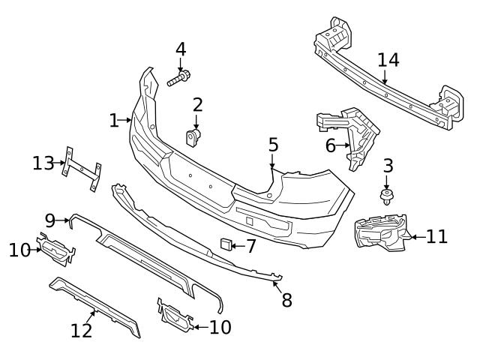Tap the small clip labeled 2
click(x=195, y=139)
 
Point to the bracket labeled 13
click(x=80, y=169)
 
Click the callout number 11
click(x=436, y=237)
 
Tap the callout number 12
click(x=82, y=329)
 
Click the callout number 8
click(x=286, y=300)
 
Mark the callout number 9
click(x=51, y=220)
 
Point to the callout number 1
click(x=114, y=120)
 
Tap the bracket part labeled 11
click(x=379, y=232)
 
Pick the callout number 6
click(x=330, y=145)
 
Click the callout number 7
click(x=251, y=245)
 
